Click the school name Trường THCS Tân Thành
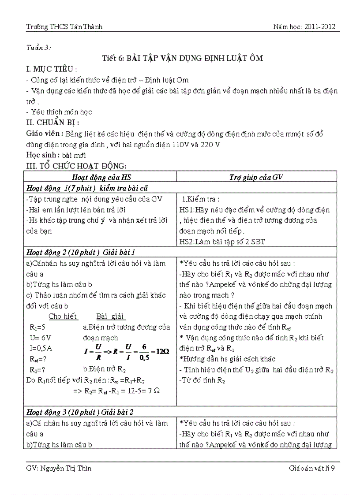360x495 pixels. pyautogui.click(x=64, y=27)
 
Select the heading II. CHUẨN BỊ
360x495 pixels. pyautogui.click(x=53, y=123)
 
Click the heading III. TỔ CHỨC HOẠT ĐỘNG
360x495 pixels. pyautogui.click(x=77, y=166)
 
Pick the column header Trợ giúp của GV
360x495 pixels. pyautogui.click(x=256, y=177)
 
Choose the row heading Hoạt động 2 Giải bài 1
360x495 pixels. pyautogui.click(x=81, y=252)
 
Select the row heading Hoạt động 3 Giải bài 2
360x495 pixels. pyautogui.click(x=80, y=412)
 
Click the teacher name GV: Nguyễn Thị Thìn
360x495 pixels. pyautogui.click(x=59, y=468)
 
